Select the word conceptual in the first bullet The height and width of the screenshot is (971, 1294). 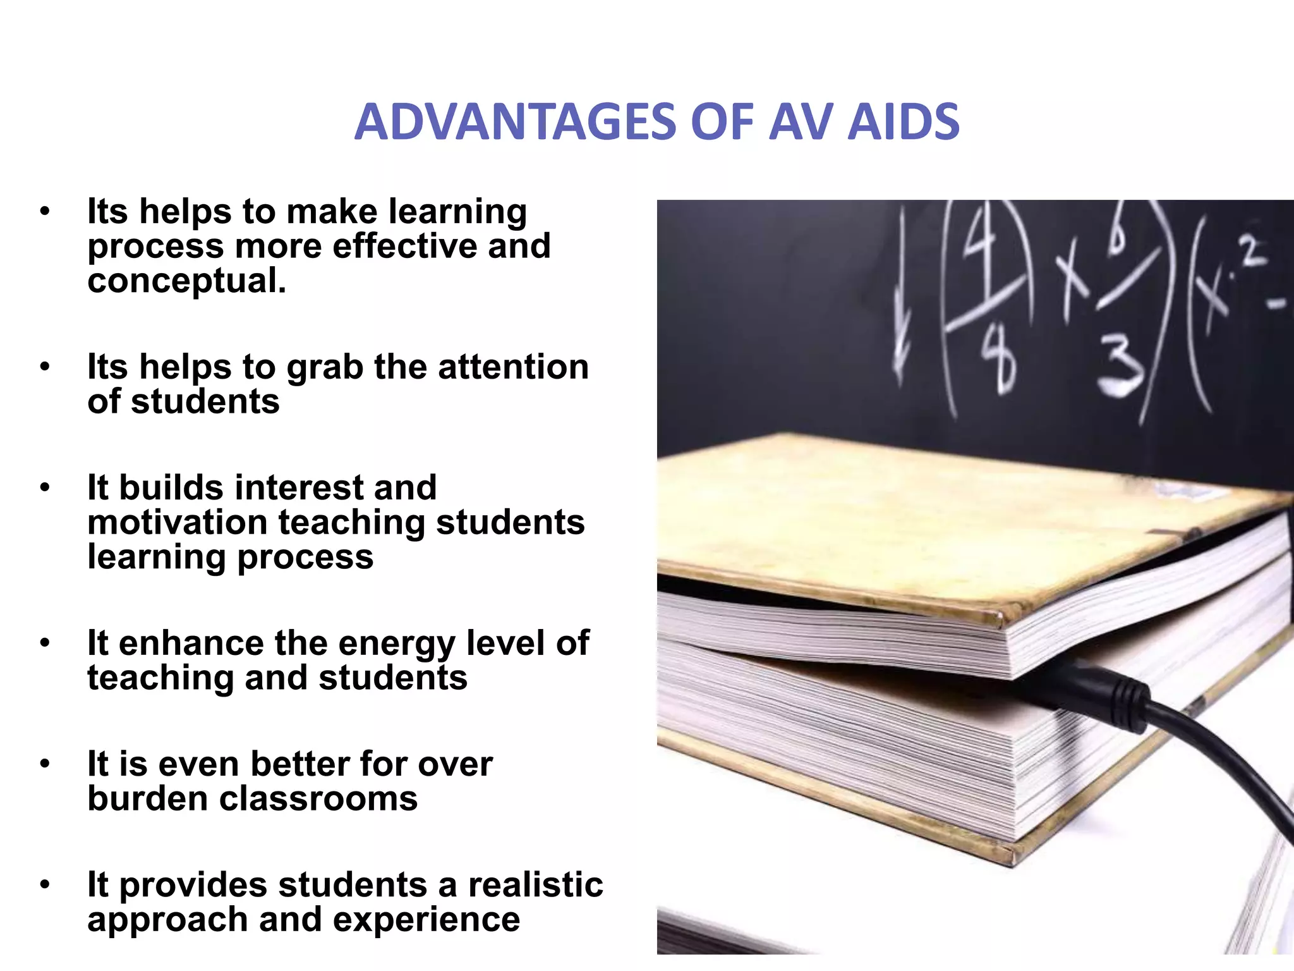[186, 281]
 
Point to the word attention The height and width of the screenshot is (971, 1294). [513, 367]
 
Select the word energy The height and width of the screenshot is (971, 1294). [398, 644]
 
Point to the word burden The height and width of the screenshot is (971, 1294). [147, 798]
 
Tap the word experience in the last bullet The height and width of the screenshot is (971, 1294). [426, 920]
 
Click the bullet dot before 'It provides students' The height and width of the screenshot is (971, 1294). [44, 884]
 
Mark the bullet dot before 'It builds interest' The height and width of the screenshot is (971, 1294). [44, 487]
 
